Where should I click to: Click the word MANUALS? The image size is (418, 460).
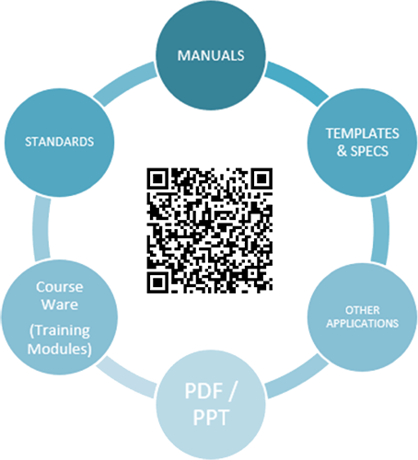[x=211, y=55]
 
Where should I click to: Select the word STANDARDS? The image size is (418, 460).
[x=59, y=142]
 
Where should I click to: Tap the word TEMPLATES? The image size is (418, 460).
[x=363, y=133]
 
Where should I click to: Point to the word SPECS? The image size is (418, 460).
[x=369, y=151]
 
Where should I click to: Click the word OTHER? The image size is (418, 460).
[x=363, y=310]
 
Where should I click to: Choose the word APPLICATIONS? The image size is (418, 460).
[x=363, y=324]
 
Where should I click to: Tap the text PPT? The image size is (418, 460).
[x=211, y=418]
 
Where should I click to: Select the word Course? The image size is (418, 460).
[x=60, y=287]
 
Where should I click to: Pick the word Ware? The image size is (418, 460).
[x=60, y=305]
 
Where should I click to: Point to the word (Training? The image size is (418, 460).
[x=60, y=331]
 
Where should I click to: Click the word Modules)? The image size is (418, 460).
[x=60, y=349]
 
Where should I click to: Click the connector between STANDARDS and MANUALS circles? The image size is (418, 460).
[x=125, y=84]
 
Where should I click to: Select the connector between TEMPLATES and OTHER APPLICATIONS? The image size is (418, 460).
[x=380, y=230]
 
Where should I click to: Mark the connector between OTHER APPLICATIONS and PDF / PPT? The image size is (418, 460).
[x=296, y=376]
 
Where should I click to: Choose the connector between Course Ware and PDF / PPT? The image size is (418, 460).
[x=126, y=377]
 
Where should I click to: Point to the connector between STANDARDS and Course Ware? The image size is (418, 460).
[x=41, y=229]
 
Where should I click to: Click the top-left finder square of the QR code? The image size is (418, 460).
[x=157, y=178]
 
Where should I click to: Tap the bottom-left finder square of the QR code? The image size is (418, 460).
[x=157, y=282]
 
